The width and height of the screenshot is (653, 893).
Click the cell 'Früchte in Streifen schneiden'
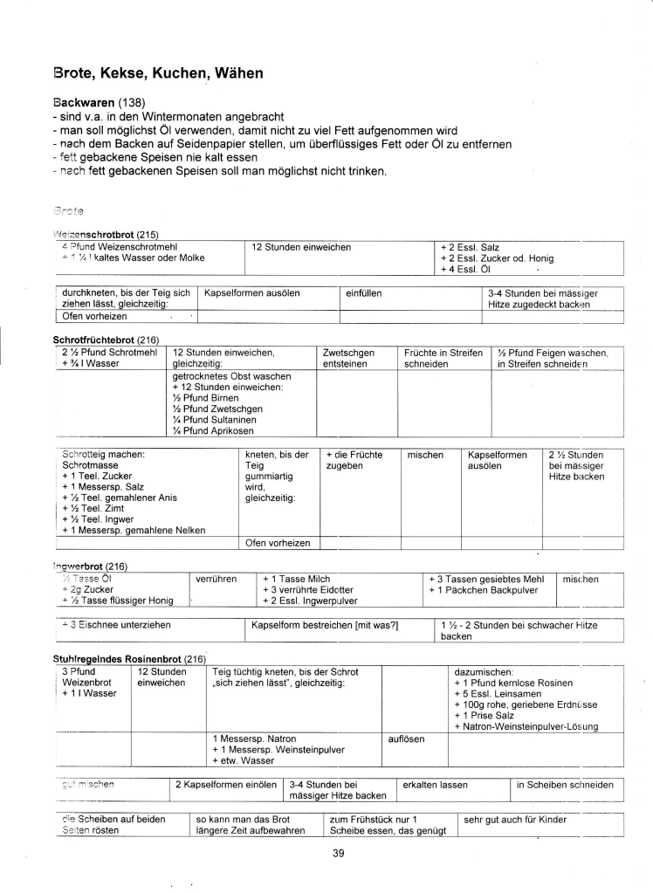443,358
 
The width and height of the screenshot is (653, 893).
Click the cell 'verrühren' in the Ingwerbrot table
217,578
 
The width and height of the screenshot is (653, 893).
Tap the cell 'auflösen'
406,738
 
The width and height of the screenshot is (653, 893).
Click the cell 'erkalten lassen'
436,784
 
